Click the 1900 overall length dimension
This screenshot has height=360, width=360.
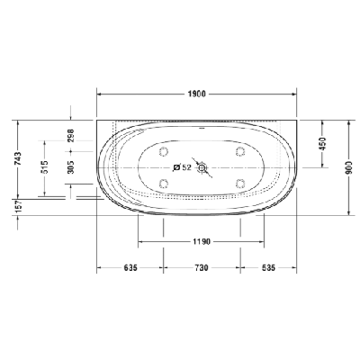pos(197,94)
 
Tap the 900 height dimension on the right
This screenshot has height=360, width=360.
pos(348,167)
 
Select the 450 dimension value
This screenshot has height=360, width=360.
pos(322,144)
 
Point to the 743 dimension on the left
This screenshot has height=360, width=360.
pos(18,159)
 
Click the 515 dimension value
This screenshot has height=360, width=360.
pos(44,166)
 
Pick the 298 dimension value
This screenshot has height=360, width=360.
pos(71,136)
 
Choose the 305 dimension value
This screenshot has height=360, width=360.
pos(71,166)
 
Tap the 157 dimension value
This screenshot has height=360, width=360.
pos(18,207)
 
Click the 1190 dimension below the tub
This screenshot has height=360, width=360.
pos(202,241)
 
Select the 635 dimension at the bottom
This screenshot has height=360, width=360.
pos(130,267)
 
